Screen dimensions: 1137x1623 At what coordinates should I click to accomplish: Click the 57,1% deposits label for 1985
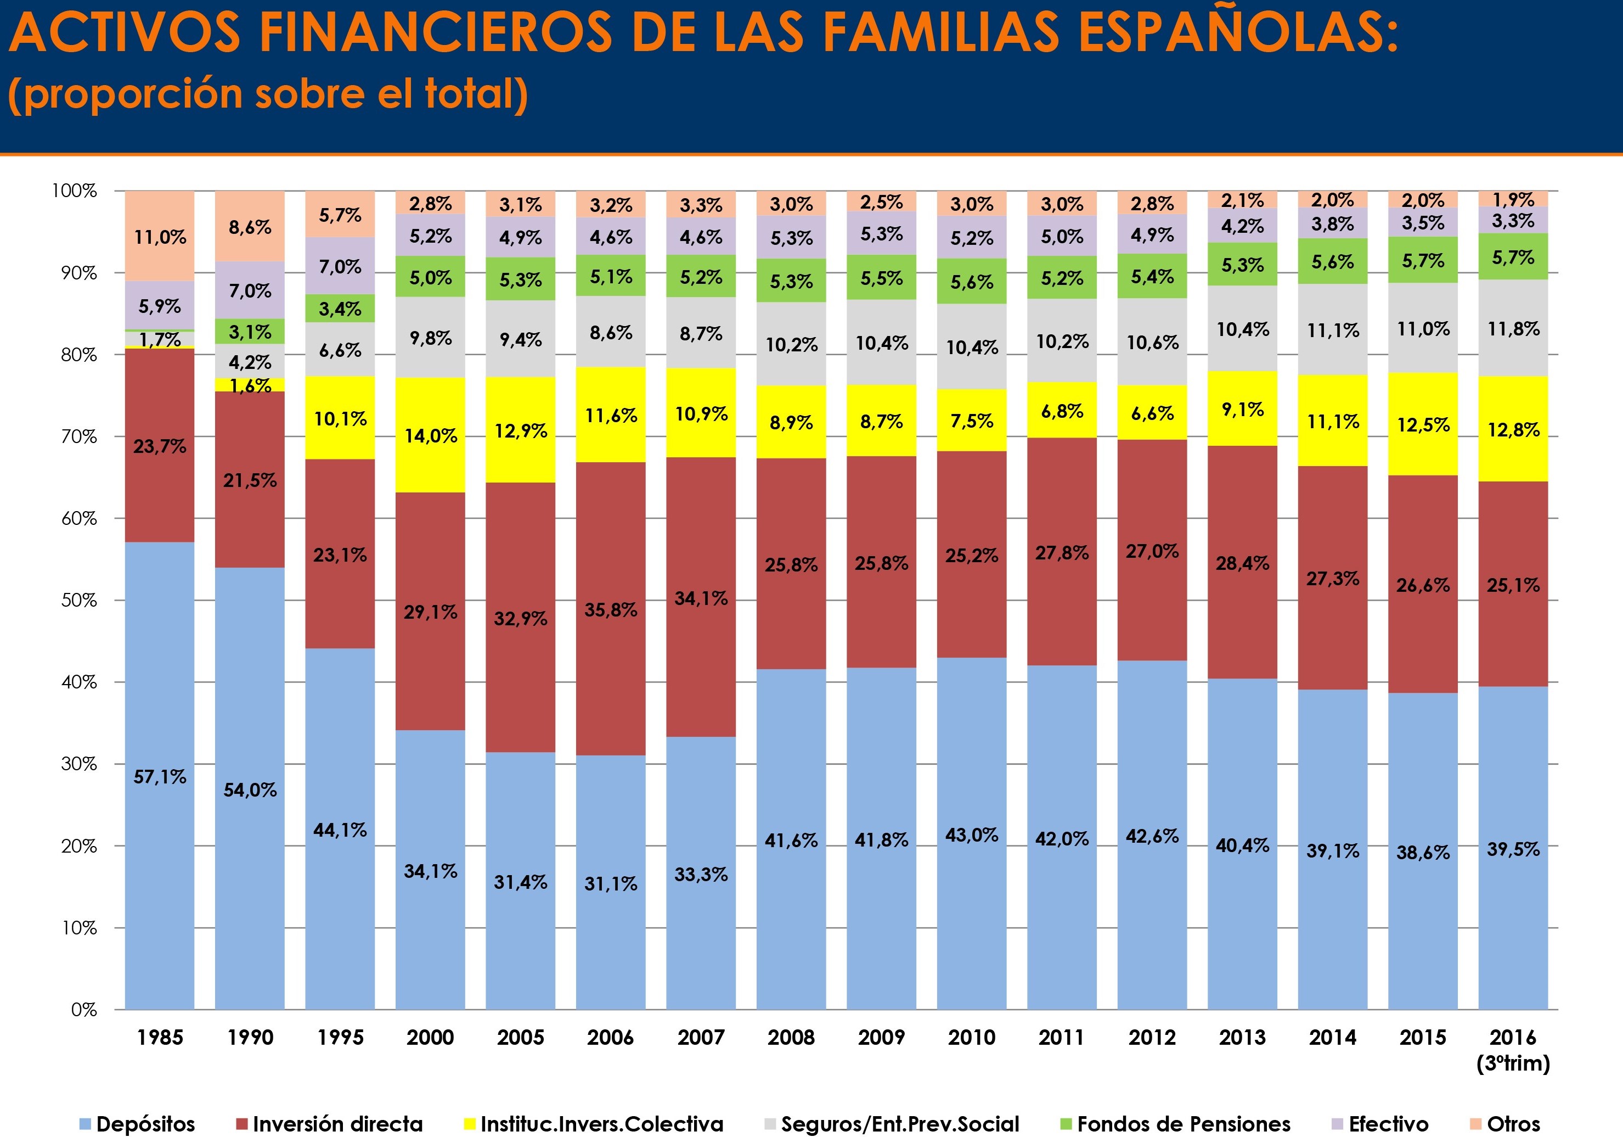160,777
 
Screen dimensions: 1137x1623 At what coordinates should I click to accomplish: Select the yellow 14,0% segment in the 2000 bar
431,435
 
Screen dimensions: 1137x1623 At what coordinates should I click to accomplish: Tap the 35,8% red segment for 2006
611,609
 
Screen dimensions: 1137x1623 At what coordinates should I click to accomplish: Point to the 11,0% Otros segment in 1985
160,236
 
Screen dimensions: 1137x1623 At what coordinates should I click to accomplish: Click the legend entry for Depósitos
137,1124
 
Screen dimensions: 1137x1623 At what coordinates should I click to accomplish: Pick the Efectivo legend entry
1380,1124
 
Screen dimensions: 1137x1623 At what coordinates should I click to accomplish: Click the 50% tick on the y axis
78,600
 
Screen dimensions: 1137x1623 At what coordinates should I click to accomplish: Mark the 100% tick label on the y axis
74,191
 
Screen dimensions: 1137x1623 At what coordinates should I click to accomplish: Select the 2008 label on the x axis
791,1037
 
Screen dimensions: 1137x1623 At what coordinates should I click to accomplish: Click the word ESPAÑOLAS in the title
1237,34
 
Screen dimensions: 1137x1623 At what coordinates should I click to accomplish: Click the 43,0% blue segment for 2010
971,835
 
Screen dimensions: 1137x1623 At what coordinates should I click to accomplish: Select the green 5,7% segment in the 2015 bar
1423,260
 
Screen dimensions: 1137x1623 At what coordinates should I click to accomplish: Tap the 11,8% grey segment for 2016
1513,329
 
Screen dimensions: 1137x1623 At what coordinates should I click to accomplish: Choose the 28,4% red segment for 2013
1242,563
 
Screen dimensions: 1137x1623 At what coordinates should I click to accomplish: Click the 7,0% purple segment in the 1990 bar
250,290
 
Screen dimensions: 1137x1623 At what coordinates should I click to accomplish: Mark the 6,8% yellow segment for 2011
1062,411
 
